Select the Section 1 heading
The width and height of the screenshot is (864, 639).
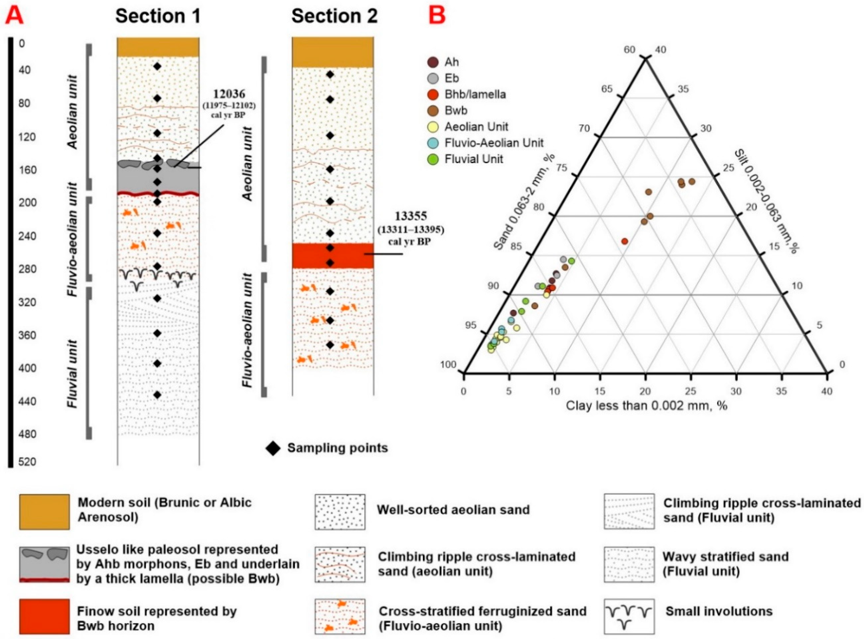(x=158, y=16)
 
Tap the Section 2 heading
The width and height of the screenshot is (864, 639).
(x=334, y=16)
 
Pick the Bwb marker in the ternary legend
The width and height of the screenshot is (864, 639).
(x=433, y=111)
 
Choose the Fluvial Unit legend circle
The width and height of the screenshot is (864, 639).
(x=433, y=159)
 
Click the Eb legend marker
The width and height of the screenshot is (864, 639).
(x=433, y=79)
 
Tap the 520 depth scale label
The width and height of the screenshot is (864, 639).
(x=27, y=462)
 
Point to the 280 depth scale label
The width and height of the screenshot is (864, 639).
(x=27, y=269)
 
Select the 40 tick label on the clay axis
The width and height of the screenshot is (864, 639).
(x=827, y=391)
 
